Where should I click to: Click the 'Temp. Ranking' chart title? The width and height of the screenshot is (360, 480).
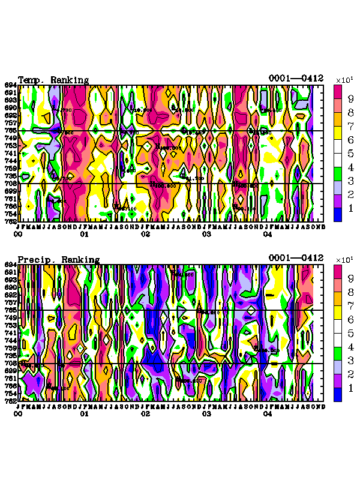tap(53, 80)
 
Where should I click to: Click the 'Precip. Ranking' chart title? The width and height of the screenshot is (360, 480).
tap(58, 259)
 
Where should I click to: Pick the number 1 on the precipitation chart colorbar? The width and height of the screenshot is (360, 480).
tap(350, 388)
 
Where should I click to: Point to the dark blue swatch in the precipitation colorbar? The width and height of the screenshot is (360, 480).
tap(338, 394)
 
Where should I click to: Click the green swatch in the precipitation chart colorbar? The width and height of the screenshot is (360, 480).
tap(338, 353)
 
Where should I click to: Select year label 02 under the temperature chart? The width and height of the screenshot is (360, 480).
tap(145, 235)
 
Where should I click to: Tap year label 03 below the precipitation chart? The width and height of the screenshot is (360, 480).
tap(206, 414)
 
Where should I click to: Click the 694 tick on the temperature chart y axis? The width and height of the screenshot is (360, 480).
tap(11, 85)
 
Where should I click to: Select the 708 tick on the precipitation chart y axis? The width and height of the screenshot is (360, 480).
tap(11, 363)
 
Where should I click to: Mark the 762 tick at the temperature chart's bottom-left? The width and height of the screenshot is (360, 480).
tap(11, 221)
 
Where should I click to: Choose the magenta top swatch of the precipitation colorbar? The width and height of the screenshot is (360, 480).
tap(338, 271)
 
